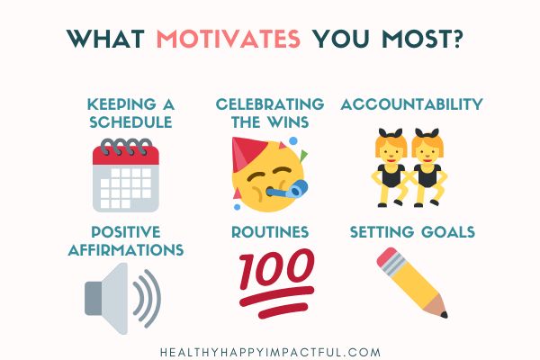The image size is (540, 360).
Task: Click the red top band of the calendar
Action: point(125,154)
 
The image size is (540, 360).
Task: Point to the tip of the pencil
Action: point(443,314)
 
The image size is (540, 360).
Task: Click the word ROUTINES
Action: point(270,232)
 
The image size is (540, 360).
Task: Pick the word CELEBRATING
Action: point(270,105)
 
